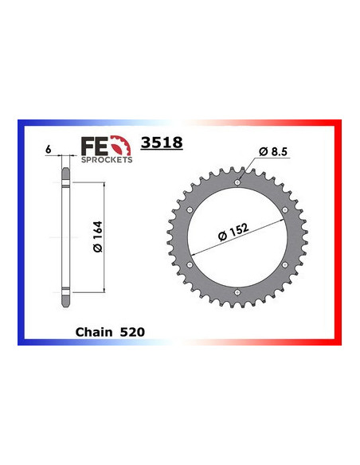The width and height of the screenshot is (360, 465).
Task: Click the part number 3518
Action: pos(162,144)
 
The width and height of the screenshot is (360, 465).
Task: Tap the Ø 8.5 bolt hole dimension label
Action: pos(274,151)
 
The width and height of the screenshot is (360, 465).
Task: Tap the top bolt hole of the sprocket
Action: pos(237,182)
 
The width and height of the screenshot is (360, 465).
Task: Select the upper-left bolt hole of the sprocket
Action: pos(189,210)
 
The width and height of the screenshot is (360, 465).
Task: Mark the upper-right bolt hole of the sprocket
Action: pos(285,210)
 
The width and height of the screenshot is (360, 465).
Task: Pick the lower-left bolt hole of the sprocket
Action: pos(189,266)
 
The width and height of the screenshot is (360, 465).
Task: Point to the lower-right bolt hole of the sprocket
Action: pos(285,266)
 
